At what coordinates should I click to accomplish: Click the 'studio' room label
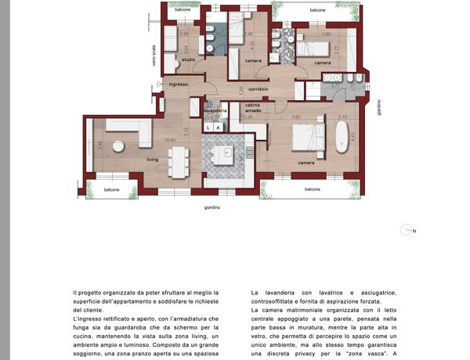[188, 59]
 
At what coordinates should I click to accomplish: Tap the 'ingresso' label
[177, 84]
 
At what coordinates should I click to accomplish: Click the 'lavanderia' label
[215, 111]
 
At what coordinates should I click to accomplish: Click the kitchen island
[226, 153]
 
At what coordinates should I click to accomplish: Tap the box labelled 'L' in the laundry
[208, 126]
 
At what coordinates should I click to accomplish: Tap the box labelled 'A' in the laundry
[220, 126]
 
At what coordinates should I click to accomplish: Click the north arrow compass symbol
[406, 230]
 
